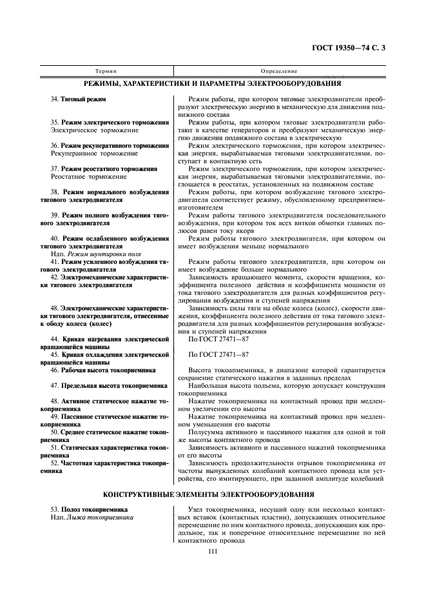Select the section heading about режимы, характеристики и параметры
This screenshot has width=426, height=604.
[x=213, y=83]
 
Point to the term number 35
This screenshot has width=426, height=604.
[x=54, y=122]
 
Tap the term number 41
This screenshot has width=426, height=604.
[x=54, y=262]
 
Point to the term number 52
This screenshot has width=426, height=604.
[x=54, y=463]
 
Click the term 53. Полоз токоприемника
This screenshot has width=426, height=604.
[x=89, y=510]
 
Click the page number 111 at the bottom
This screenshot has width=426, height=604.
[x=213, y=550]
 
